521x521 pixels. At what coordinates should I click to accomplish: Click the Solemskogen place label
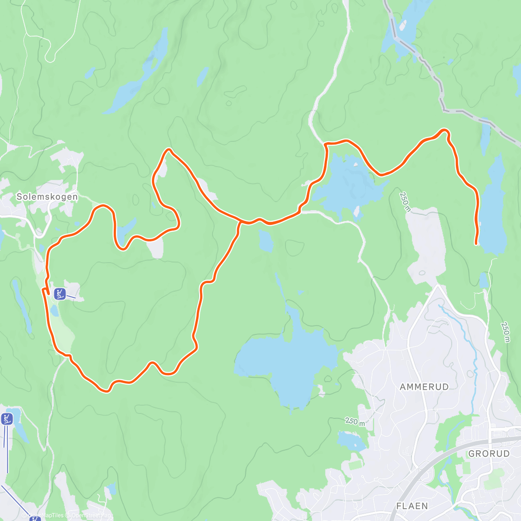pyautogui.click(x=47, y=197)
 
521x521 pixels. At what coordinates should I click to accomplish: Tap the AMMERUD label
pyautogui.click(x=424, y=386)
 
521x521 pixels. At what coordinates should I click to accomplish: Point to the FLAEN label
pyautogui.click(x=412, y=506)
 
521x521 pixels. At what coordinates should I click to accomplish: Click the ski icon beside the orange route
pyautogui.click(x=59, y=293)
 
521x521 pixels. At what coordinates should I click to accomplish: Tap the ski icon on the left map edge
pyautogui.click(x=7, y=419)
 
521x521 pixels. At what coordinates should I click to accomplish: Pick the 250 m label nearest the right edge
pyautogui.click(x=505, y=332)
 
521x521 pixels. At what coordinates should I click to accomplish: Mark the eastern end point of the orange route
pyautogui.click(x=476, y=244)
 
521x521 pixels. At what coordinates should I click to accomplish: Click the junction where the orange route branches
pyautogui.click(x=240, y=222)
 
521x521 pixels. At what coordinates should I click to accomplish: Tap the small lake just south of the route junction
pyautogui.click(x=266, y=241)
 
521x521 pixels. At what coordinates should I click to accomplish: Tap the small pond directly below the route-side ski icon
pyautogui.click(x=54, y=310)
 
